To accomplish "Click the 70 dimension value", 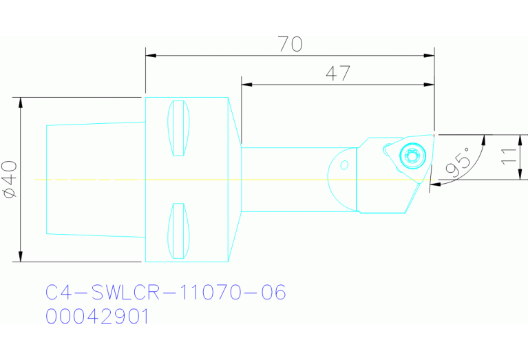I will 291,44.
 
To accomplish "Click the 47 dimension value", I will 337,74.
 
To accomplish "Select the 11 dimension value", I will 508,156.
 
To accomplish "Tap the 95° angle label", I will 458,161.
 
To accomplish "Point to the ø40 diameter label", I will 10,180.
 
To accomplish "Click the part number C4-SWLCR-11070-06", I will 165,293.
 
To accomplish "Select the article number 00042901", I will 97,317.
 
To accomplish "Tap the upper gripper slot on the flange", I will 179,128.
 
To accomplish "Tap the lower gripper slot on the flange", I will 178,231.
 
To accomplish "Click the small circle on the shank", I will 344,164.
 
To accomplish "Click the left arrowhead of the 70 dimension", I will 149,54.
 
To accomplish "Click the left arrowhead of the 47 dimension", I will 246,84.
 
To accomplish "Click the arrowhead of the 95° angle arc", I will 433,184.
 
